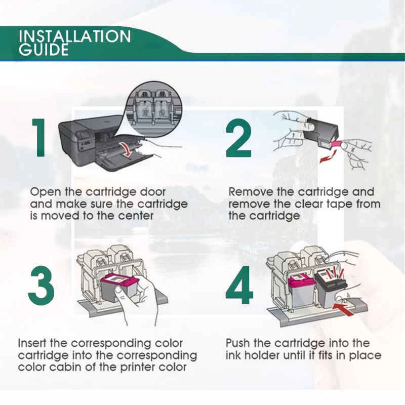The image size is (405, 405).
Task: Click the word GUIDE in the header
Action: click(44, 50)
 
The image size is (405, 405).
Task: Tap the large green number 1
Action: click(39, 137)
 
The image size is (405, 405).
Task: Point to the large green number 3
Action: click(42, 286)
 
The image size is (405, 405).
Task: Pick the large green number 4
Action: click(239, 285)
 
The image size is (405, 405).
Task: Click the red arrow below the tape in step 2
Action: click(328, 156)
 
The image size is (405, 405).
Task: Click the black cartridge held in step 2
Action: click(320, 134)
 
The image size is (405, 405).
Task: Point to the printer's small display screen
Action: click(86, 135)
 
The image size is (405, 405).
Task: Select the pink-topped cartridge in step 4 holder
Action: click(301, 291)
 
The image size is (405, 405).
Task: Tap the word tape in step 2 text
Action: click(339, 205)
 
